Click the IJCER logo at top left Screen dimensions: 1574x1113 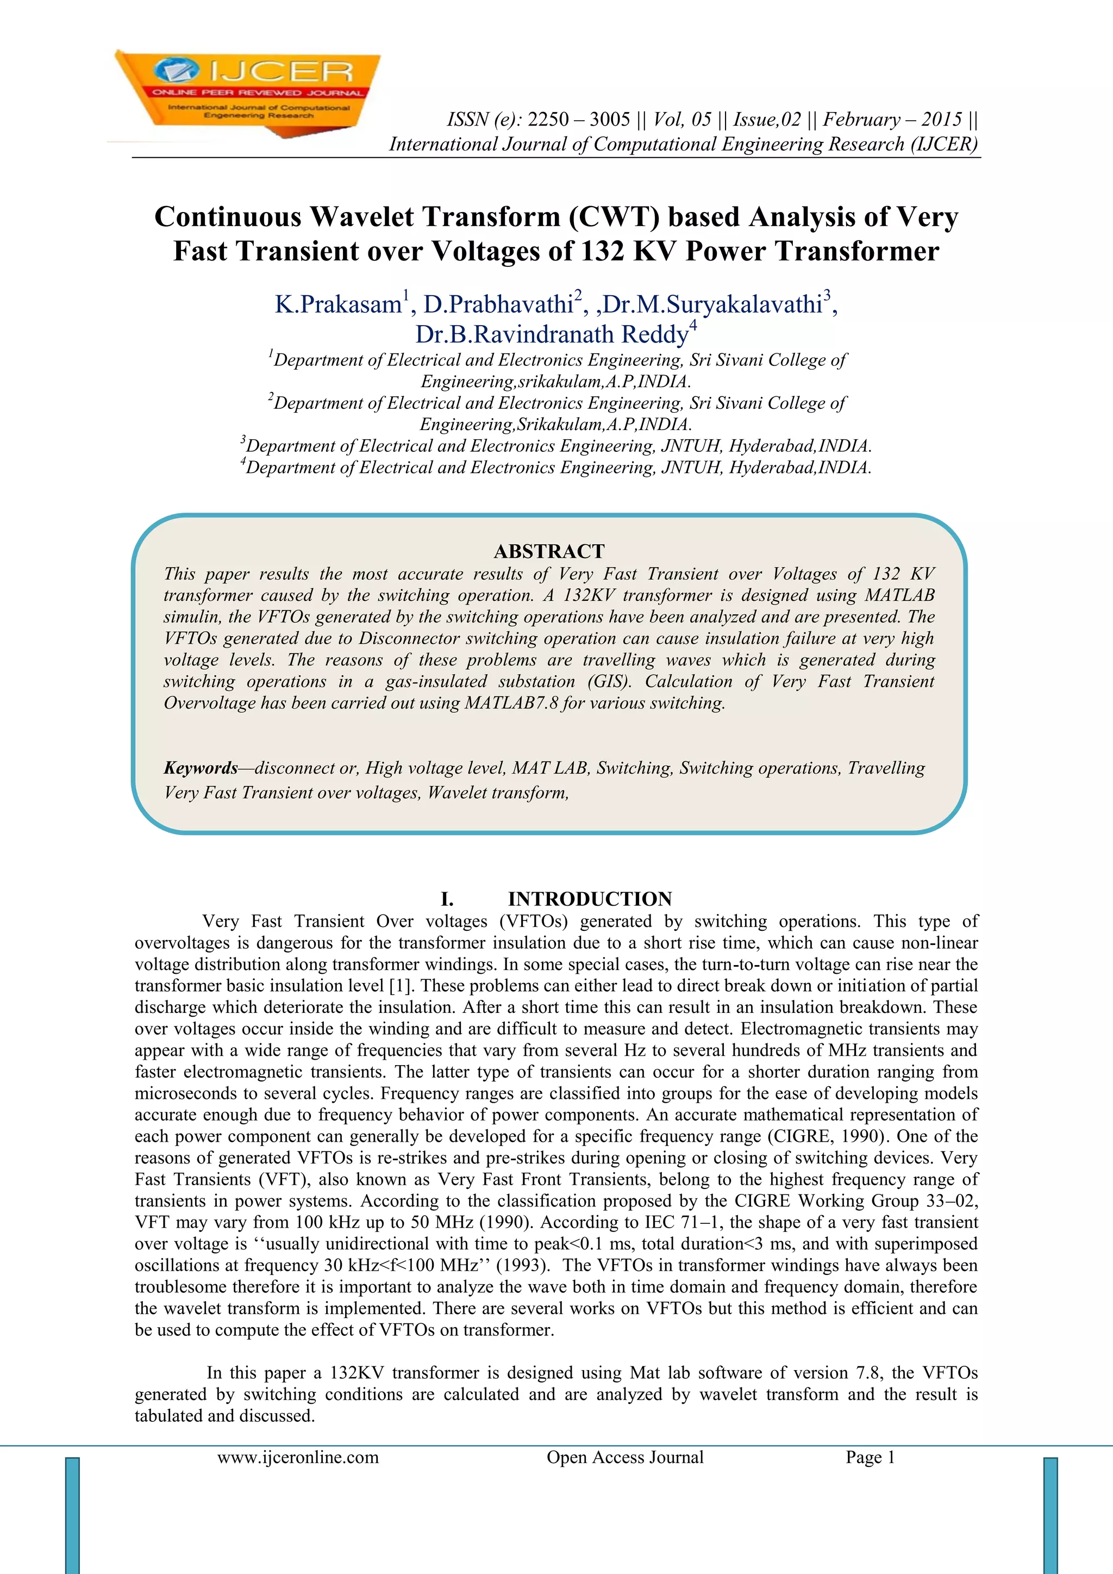[247, 92]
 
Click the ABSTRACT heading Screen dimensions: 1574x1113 [549, 551]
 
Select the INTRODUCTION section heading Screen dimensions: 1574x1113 [590, 899]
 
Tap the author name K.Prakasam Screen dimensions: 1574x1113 [338, 304]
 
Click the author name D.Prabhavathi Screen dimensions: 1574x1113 [498, 304]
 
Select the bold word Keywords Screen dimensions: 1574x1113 [200, 768]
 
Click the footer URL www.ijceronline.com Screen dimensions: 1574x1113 [298, 1457]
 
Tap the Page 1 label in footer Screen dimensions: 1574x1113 [871, 1457]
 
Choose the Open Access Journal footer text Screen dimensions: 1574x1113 [625, 1457]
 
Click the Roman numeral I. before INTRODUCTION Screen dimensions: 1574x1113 [447, 899]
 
